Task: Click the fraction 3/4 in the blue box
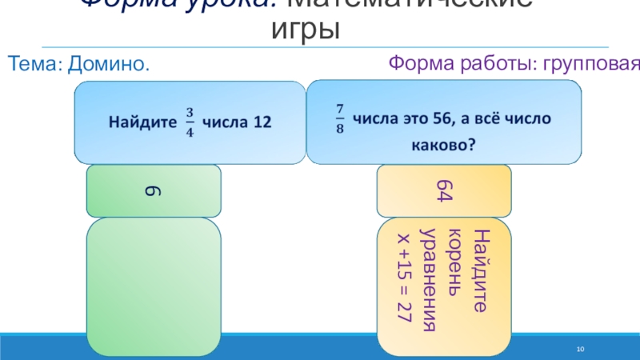190,122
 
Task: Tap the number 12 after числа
262,122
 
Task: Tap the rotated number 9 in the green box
154,190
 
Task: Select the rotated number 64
444,191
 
